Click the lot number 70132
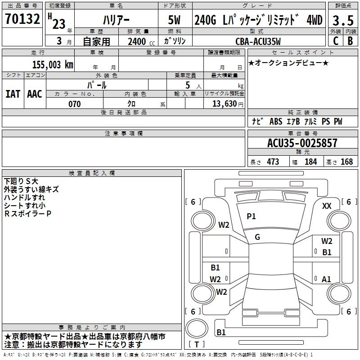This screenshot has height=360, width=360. click(22, 19)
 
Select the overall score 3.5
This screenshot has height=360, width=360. click(342, 21)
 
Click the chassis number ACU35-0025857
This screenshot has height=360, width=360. click(302, 143)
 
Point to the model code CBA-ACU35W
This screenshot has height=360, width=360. click(258, 41)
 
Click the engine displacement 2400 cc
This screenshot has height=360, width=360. click(139, 41)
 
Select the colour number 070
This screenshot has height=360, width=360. click(74, 104)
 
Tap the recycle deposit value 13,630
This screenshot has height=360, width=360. click(225, 104)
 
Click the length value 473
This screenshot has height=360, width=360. click(273, 162)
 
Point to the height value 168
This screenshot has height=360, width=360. click(346, 162)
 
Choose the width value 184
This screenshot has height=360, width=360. click(310, 162)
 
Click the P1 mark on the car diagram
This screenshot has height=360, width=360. click(251, 216)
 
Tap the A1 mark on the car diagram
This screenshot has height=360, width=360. click(327, 279)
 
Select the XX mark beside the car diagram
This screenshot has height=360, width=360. click(327, 206)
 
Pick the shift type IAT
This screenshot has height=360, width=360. click(13, 94)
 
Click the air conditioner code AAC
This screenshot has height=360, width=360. click(35, 94)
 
